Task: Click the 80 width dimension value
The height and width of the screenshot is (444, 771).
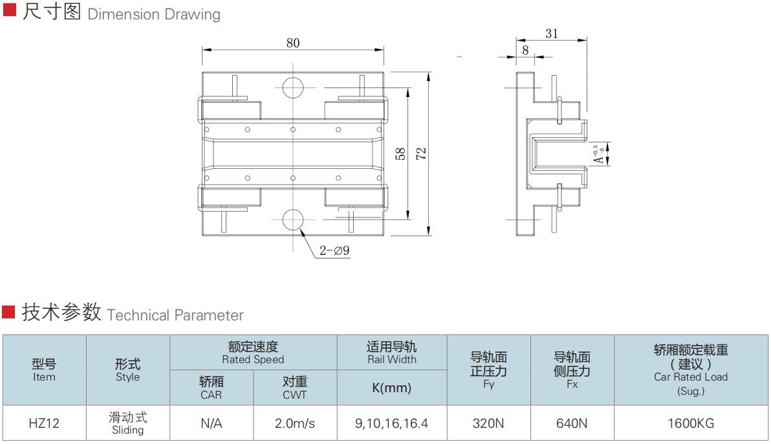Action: [293, 43]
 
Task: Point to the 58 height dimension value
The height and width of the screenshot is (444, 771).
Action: [401, 154]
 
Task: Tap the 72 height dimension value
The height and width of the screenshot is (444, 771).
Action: [421, 154]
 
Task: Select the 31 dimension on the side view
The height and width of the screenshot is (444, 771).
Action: [552, 34]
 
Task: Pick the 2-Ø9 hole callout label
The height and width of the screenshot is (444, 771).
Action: [334, 250]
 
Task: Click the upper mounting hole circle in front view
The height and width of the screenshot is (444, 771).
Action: [293, 88]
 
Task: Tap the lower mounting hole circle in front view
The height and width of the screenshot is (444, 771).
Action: [293, 219]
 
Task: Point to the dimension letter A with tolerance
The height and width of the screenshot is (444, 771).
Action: [600, 155]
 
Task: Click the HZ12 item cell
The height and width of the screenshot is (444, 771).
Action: [44, 423]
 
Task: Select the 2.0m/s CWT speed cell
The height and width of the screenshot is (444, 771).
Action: [295, 423]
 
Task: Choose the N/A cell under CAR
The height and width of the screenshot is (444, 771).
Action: [212, 423]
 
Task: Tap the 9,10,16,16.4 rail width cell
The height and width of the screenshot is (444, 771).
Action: [391, 423]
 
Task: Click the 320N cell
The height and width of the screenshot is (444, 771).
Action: [488, 423]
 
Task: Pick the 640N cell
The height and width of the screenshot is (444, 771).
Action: [572, 423]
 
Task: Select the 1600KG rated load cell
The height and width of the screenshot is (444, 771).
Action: [691, 423]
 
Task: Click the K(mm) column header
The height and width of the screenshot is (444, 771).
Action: [391, 388]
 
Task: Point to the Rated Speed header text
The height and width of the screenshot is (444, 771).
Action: [253, 360]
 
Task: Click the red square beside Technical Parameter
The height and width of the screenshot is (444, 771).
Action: [8, 312]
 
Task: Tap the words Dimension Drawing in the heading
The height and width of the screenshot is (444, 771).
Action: [154, 14]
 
